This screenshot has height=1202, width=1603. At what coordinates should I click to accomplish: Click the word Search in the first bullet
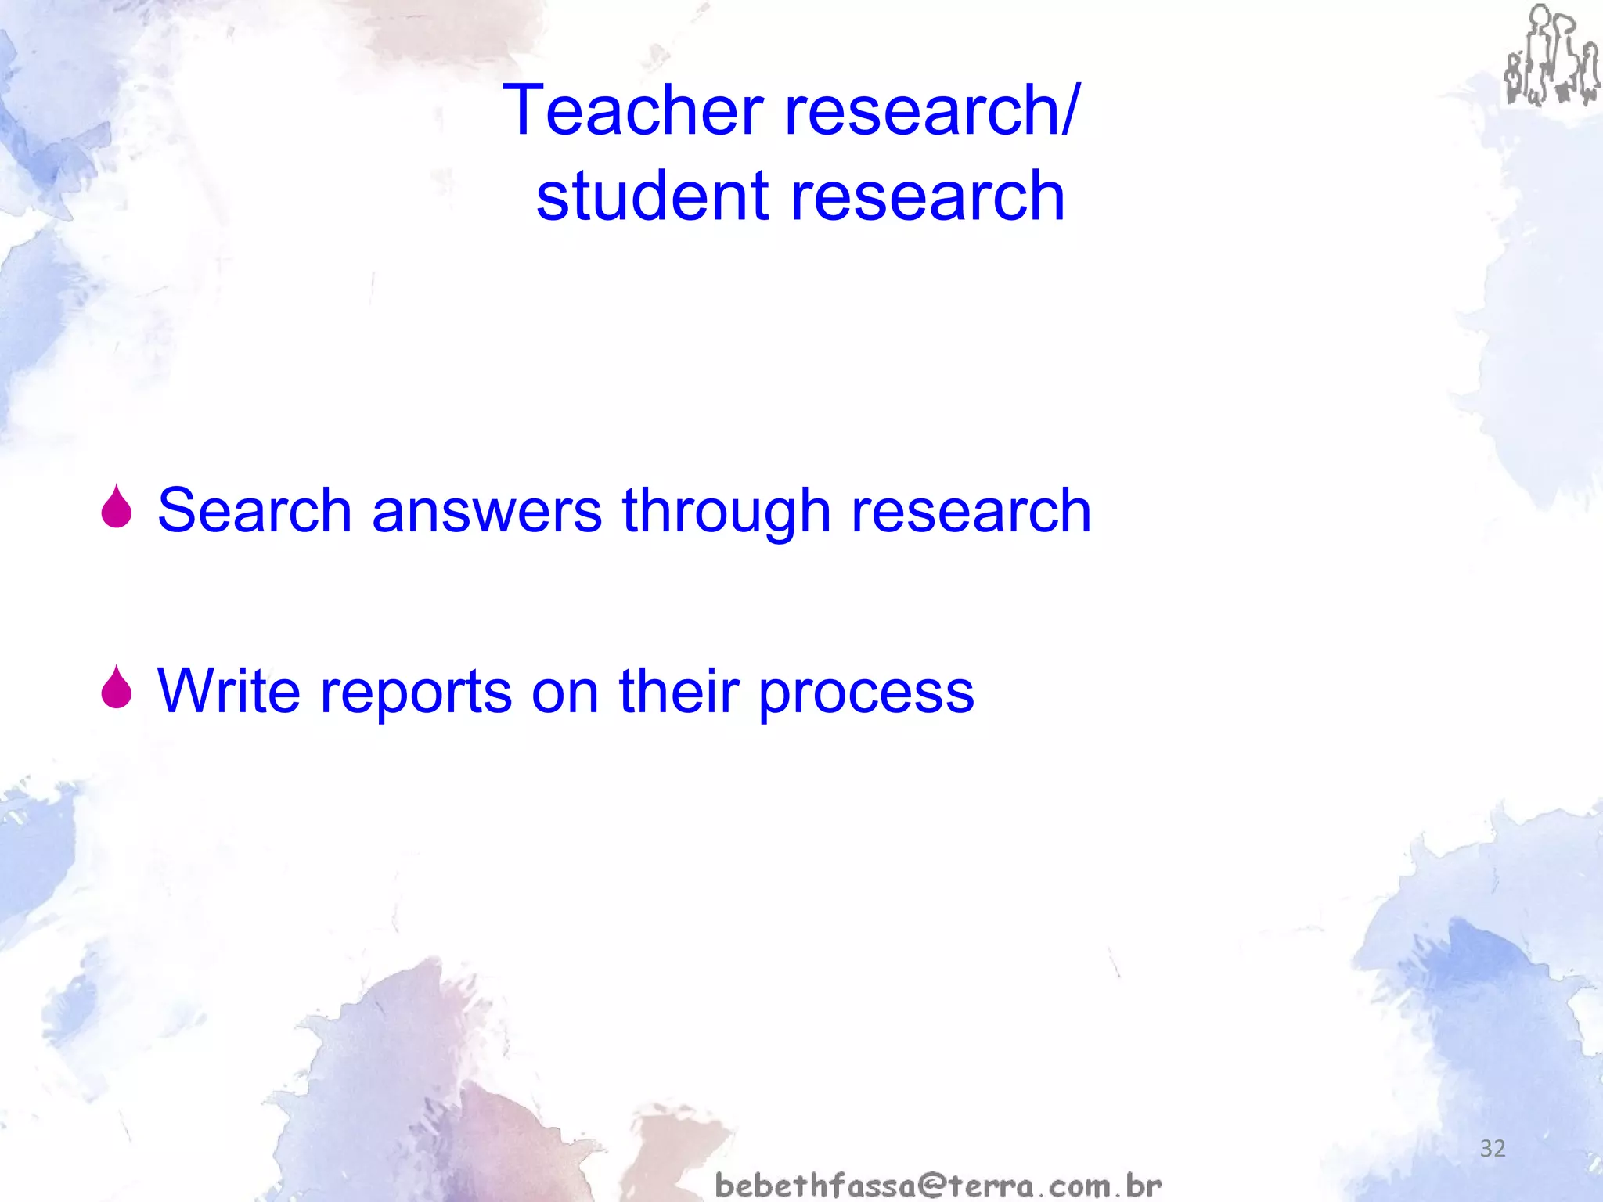point(254,510)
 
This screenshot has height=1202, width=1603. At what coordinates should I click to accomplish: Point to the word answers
point(487,510)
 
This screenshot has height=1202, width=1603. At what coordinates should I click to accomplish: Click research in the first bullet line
point(971,510)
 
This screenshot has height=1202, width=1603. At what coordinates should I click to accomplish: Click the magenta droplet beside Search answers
point(117,508)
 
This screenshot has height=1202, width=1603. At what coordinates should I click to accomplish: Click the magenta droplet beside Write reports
point(117,688)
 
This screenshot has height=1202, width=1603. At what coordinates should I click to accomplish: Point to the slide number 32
point(1493,1149)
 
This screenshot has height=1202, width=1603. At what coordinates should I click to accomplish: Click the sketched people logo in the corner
point(1551,56)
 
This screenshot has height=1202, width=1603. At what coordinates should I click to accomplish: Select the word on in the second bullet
point(565,692)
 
